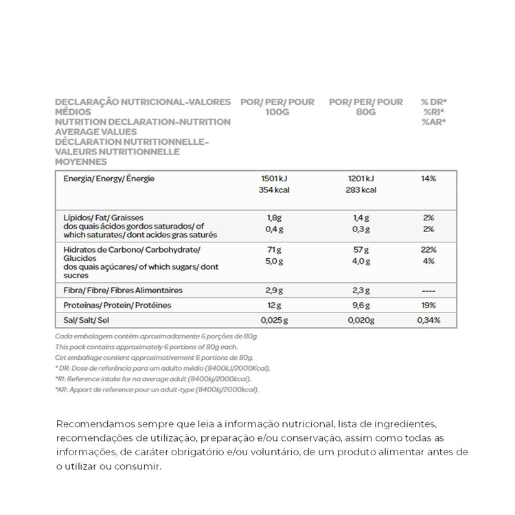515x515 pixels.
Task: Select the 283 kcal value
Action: coord(361,190)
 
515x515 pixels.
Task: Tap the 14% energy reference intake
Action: coord(428,179)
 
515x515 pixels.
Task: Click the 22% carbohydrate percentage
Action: coord(428,250)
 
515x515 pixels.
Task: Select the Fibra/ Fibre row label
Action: coord(123,290)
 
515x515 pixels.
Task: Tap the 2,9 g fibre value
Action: coord(275,290)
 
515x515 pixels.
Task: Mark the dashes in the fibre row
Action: coord(428,290)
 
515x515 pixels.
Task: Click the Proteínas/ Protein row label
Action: coord(117,306)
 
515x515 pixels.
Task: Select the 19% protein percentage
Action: coord(428,306)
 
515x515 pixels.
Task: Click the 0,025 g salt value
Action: coord(275,320)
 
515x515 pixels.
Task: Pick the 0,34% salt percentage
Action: coord(428,320)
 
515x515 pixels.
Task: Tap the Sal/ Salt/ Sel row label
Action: coord(86,320)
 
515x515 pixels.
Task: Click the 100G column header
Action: coord(277,112)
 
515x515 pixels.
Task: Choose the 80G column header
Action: coord(366,112)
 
